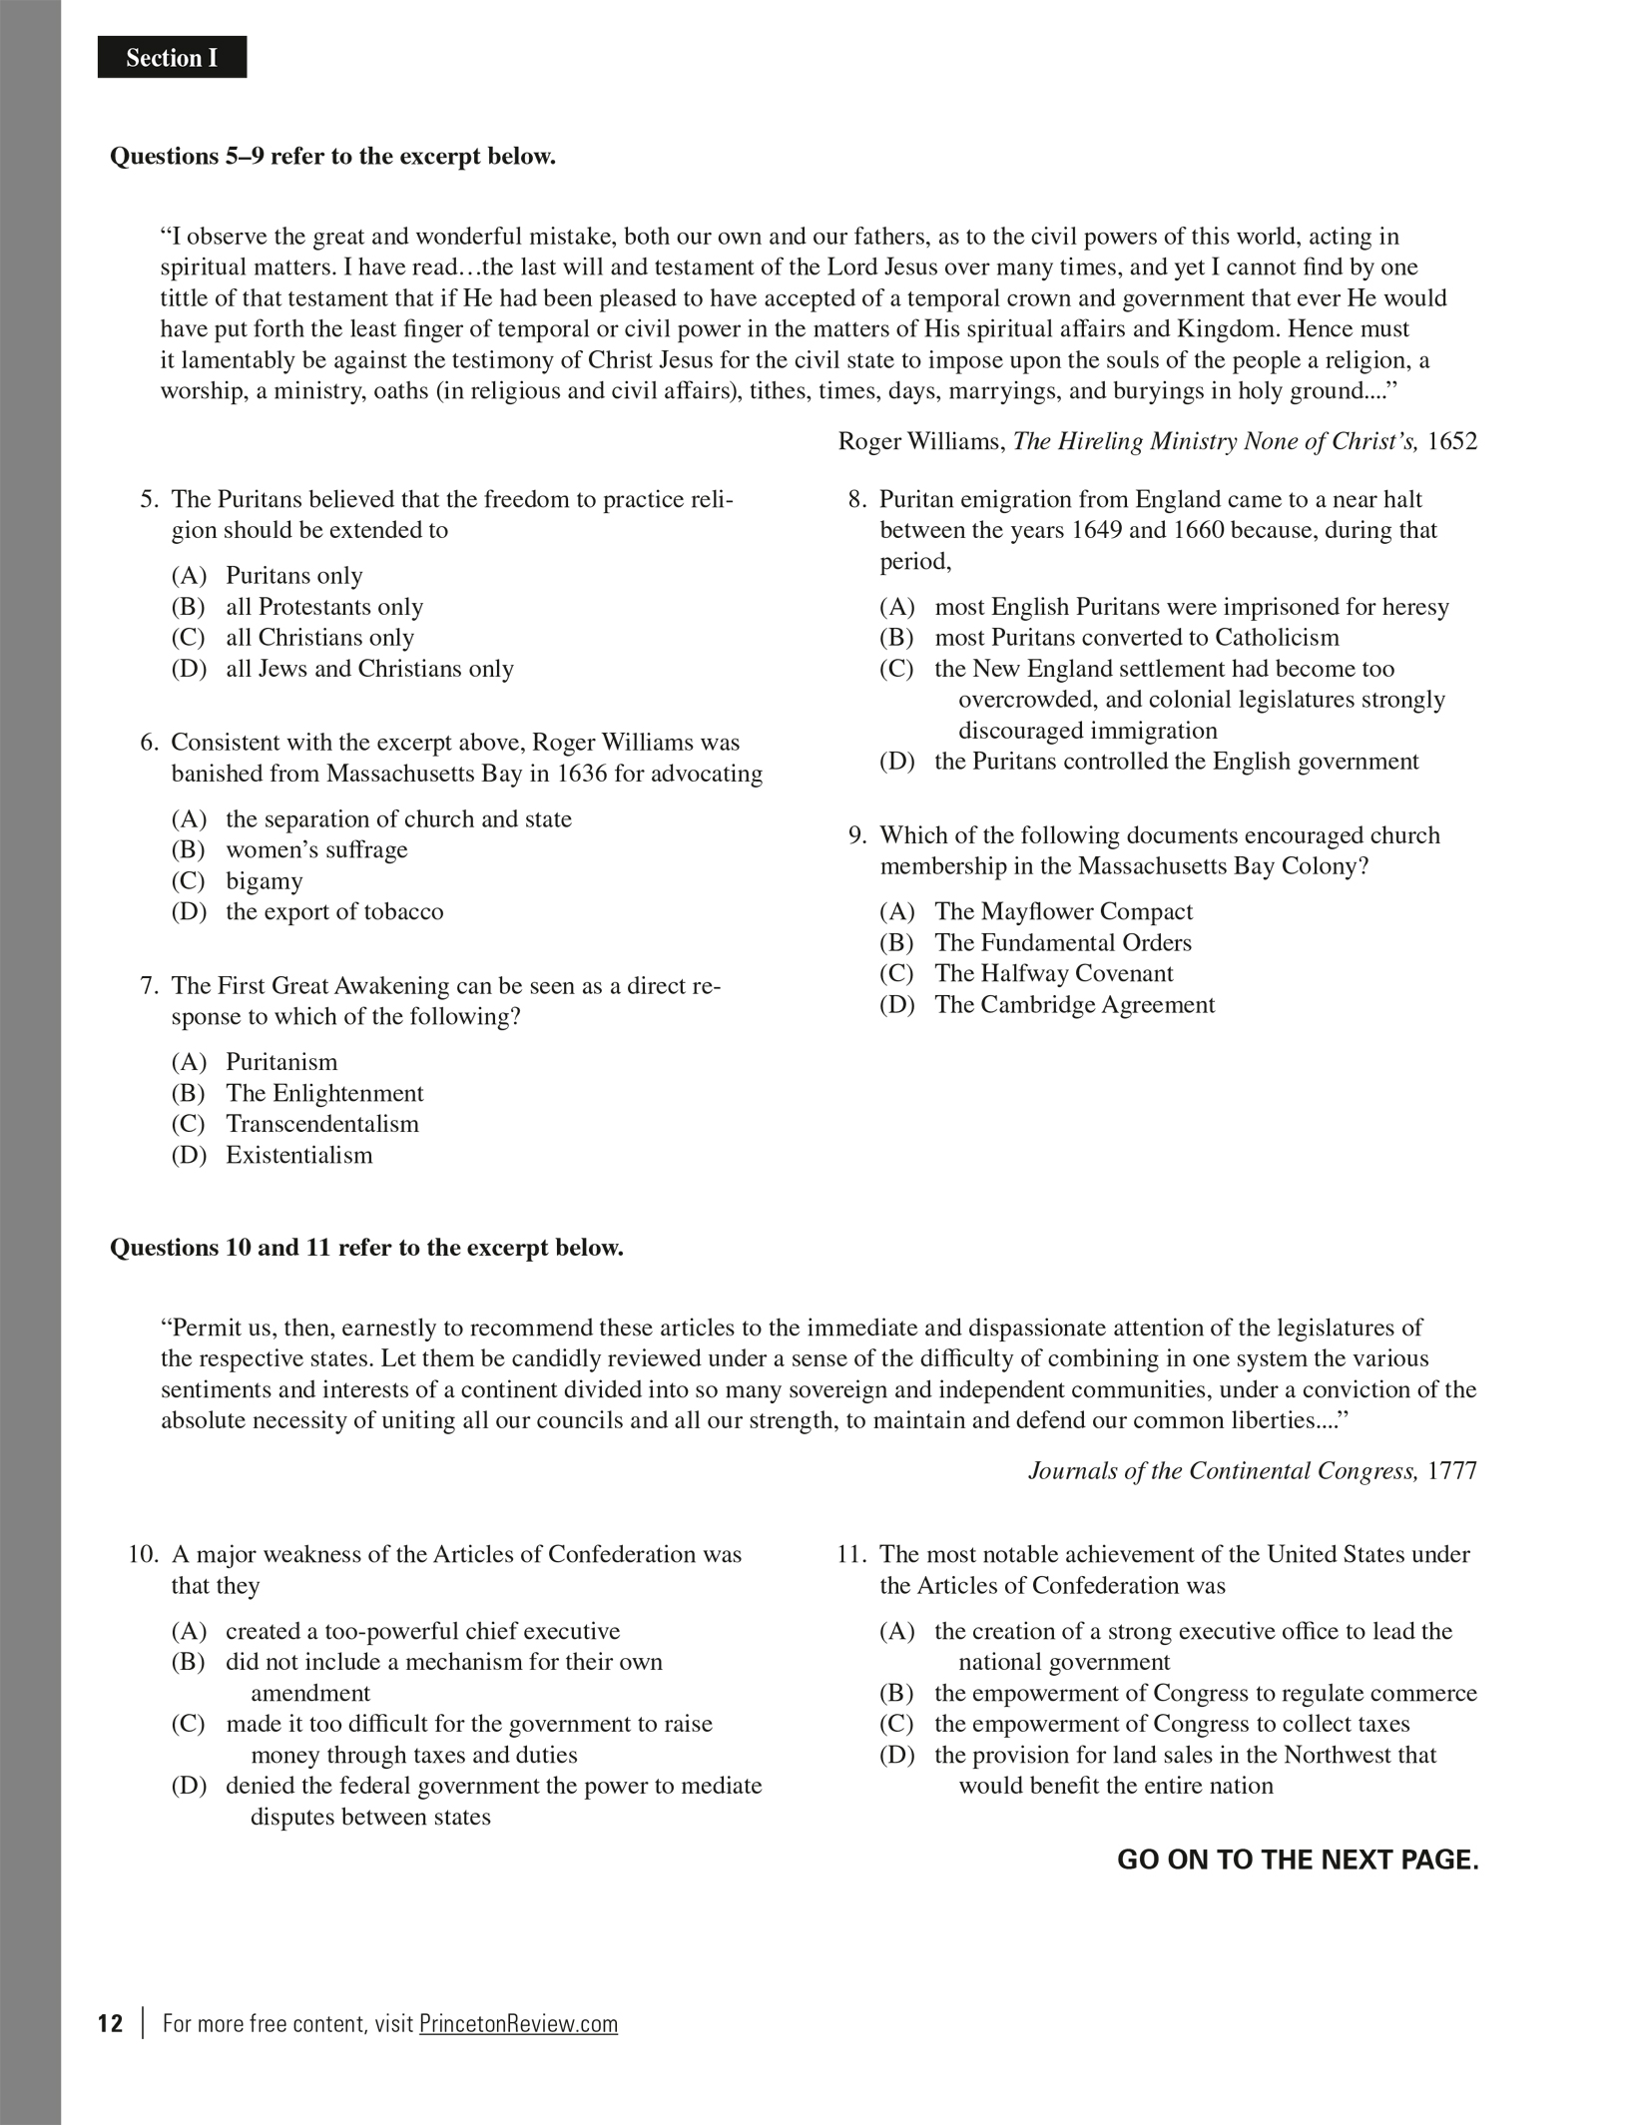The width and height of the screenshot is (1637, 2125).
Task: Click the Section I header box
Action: point(172,58)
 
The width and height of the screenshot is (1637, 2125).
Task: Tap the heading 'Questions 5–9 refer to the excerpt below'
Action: point(332,157)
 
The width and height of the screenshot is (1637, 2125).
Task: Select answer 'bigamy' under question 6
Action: point(264,880)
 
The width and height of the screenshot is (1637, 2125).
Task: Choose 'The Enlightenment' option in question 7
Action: point(324,1093)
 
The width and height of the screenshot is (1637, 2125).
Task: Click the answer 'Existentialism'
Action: point(298,1155)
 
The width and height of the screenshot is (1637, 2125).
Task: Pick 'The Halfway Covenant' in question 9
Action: point(1053,973)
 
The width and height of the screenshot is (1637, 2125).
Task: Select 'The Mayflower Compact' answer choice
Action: point(1063,911)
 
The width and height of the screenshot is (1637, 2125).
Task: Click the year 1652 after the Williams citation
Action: point(1452,441)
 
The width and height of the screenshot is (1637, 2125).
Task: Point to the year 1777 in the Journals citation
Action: point(1452,1471)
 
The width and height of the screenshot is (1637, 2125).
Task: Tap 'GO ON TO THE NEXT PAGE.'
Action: point(1297,1859)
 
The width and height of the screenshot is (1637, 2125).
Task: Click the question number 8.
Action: point(857,499)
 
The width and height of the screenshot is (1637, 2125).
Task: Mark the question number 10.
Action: point(144,1554)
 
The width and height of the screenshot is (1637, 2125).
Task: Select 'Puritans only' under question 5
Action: point(293,576)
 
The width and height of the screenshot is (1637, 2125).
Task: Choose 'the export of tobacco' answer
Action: point(334,911)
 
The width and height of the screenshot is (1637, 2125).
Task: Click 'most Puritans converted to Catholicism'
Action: point(1137,637)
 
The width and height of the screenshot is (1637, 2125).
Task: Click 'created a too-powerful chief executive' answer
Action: point(422,1631)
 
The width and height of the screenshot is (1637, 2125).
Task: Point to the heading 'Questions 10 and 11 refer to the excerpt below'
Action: point(366,1248)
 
